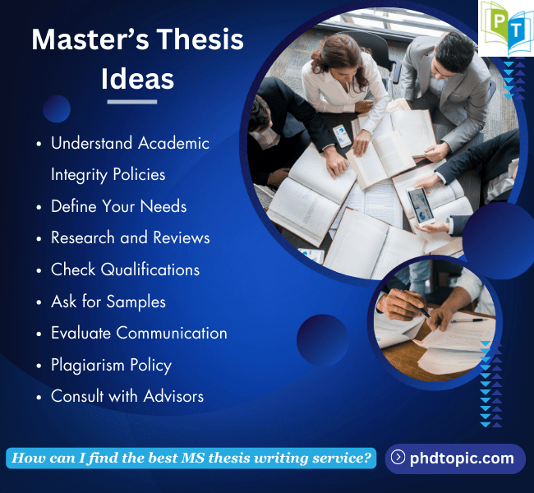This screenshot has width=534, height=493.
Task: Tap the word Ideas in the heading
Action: [137, 78]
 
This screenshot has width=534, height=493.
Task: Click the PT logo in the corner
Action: [504, 29]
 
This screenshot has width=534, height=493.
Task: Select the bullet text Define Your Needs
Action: [118, 205]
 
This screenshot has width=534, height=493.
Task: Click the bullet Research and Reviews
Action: [130, 237]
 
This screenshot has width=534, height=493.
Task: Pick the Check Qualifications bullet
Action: [125, 270]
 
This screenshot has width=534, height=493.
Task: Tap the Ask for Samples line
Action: [108, 302]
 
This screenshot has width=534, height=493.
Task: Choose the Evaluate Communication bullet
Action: [139, 333]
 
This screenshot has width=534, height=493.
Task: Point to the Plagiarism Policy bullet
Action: [111, 365]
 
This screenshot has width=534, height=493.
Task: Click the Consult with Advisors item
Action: [127, 396]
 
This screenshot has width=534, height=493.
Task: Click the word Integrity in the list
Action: [84, 174]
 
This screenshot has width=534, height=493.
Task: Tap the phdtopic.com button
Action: [454, 458]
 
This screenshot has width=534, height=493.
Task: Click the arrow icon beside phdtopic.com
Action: [398, 458]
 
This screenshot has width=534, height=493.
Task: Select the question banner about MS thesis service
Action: [191, 458]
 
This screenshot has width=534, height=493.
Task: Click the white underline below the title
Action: [131, 102]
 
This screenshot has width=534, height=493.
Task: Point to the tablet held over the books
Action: [421, 205]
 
